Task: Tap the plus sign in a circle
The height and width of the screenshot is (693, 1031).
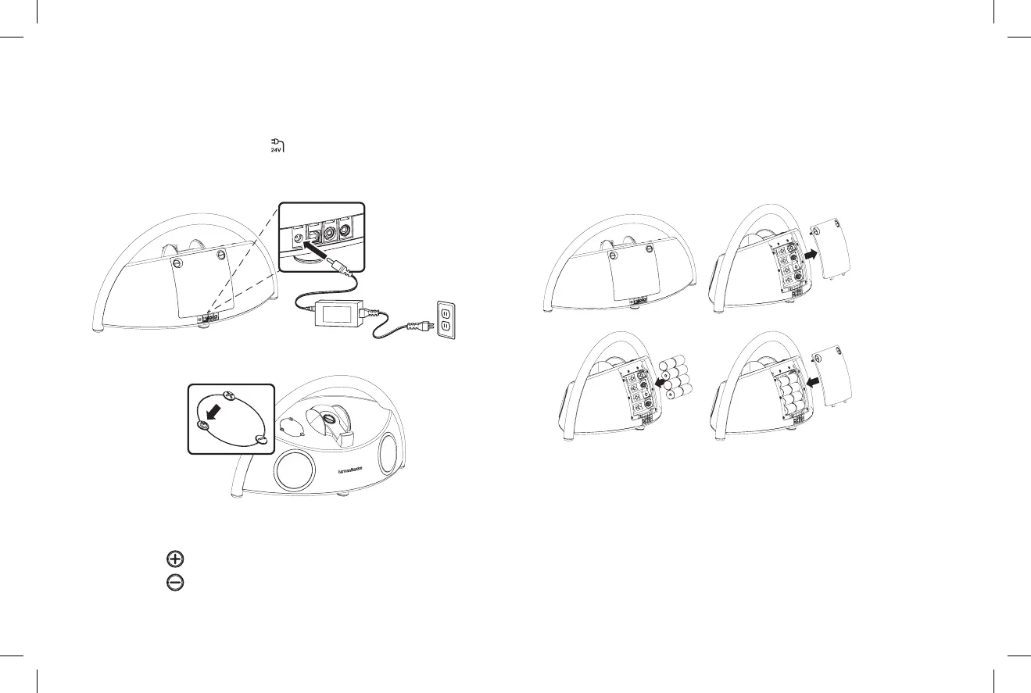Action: pos(174,558)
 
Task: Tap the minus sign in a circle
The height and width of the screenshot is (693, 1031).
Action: pos(174,582)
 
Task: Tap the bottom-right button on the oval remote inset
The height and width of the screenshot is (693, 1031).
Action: pos(261,441)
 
